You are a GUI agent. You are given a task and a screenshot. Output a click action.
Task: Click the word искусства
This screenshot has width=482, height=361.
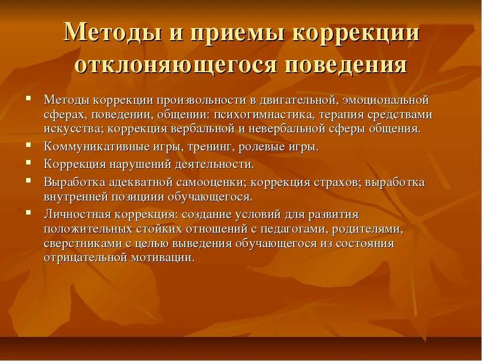click(73, 129)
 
